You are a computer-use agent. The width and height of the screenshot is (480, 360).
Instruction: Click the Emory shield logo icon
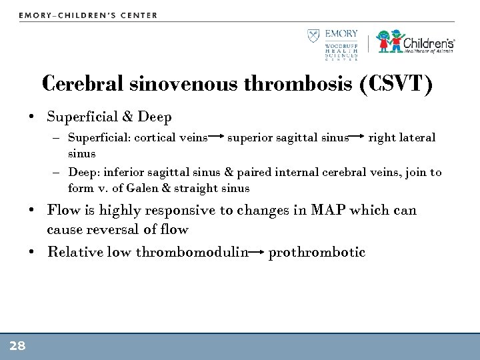point(312,36)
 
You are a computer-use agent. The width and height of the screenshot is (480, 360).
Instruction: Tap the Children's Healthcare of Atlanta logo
point(415,41)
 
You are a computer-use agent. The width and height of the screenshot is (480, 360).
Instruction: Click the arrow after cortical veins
point(216,138)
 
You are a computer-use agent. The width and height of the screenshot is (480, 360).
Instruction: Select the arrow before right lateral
point(358,138)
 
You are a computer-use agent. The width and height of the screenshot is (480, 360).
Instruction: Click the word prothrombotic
point(317,252)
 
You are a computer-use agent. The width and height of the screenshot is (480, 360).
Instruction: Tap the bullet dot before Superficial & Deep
point(32,117)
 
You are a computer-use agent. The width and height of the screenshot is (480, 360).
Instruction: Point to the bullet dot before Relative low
point(32,253)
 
